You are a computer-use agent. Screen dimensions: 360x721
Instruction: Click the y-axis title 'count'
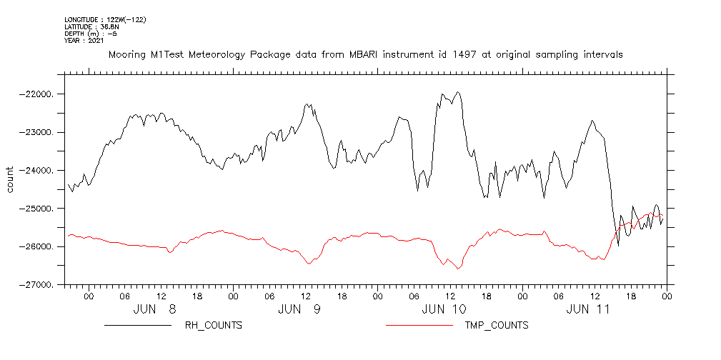coord(11,179)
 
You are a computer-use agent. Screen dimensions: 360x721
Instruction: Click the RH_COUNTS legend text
coord(214,326)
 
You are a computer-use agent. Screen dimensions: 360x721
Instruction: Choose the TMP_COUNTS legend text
coord(497,326)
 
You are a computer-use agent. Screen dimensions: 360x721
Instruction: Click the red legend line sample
coord(419,326)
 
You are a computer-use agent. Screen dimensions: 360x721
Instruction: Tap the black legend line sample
coord(137,326)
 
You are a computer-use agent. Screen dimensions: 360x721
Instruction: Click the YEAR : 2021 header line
coord(84,41)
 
